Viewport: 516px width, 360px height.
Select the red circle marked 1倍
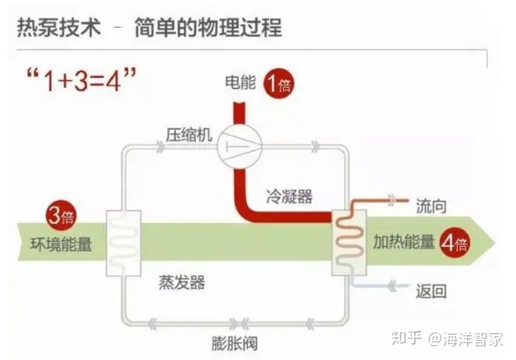coord(279,83)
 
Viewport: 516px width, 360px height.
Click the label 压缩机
coord(187,135)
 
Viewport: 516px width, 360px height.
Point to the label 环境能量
coord(60,245)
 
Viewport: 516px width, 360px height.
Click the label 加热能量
coord(403,243)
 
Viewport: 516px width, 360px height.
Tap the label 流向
coord(430,206)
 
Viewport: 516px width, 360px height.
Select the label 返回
coord(430,291)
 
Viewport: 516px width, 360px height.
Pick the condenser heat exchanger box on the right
coord(349,243)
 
